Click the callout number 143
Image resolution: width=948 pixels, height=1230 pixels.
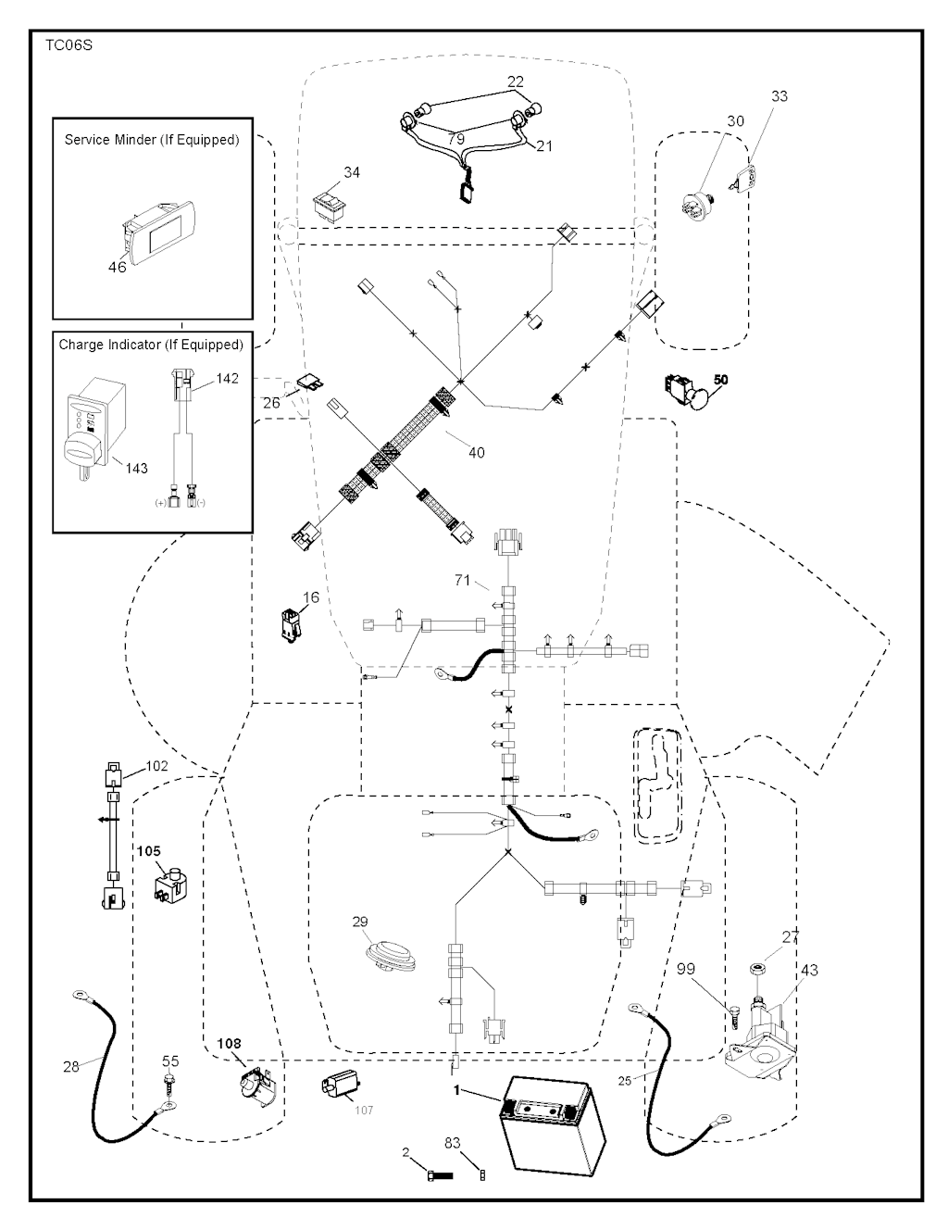point(136,469)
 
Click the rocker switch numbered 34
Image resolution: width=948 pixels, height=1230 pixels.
point(331,206)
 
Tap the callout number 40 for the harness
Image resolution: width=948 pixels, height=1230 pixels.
point(476,453)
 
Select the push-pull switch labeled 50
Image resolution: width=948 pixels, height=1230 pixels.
point(690,392)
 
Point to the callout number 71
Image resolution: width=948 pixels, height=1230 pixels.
point(463,581)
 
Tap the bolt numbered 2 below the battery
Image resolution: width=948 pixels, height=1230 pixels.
point(439,1175)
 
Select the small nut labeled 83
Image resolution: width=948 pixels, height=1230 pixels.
point(481,1175)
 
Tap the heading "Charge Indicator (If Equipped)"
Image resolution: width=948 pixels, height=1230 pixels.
point(151,345)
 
